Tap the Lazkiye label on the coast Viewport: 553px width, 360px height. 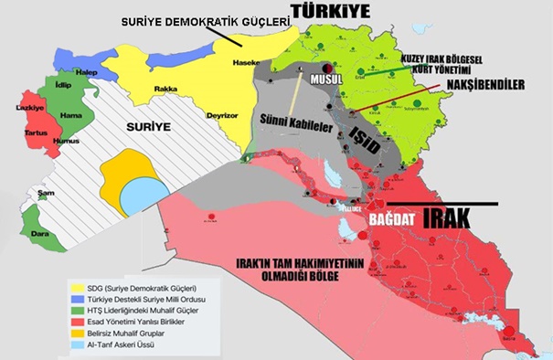pos(32,108)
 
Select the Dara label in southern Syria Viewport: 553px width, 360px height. pos(40,233)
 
